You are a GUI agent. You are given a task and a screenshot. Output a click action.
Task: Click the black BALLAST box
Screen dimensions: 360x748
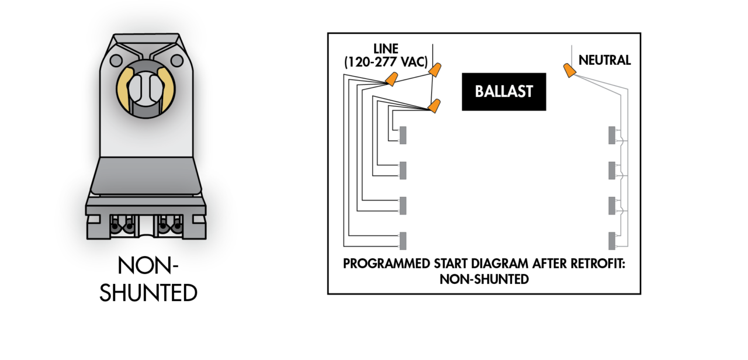tap(504, 92)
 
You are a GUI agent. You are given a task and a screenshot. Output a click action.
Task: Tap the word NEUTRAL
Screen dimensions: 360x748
tap(604, 60)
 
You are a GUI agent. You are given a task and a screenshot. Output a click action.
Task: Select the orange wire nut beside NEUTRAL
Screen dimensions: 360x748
tap(568, 70)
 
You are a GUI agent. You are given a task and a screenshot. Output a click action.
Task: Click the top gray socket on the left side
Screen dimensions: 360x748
tap(403, 135)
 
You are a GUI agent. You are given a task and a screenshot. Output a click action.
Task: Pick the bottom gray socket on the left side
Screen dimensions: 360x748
tap(403, 240)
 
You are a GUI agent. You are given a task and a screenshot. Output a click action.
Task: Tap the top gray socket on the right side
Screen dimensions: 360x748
tap(612, 135)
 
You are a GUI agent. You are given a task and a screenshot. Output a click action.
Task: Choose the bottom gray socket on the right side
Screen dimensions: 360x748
tap(612, 240)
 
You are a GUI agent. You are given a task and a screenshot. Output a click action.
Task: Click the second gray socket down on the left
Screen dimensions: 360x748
tap(403, 170)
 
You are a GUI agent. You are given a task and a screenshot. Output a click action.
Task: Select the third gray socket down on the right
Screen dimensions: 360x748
tap(612, 205)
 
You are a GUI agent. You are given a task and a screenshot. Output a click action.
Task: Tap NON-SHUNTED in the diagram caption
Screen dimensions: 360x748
tap(484, 279)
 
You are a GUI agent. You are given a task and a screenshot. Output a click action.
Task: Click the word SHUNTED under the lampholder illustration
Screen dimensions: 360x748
tap(148, 292)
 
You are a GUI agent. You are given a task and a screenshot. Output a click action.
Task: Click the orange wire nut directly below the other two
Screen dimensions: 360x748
tap(434, 106)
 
